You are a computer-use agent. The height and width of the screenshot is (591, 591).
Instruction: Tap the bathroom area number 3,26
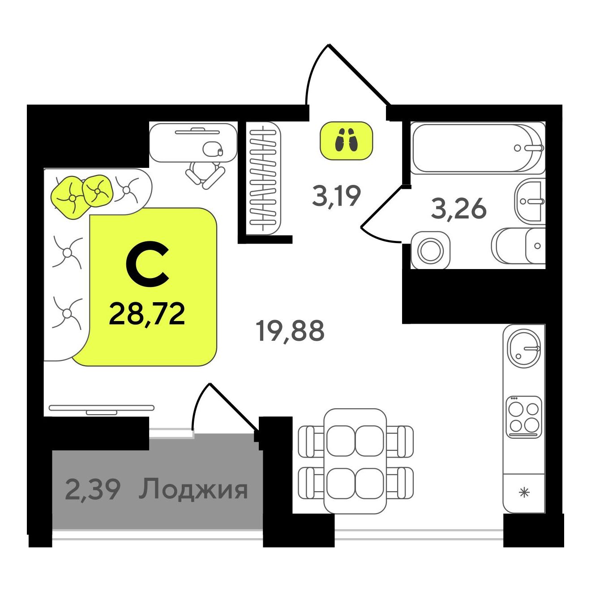(x=458, y=209)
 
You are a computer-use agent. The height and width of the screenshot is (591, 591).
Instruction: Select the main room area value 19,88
(x=290, y=331)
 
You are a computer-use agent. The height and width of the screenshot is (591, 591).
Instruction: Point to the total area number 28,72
(x=147, y=314)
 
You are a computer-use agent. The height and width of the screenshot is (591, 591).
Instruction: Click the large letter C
(x=147, y=264)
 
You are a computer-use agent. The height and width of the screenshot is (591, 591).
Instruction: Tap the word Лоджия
(x=193, y=489)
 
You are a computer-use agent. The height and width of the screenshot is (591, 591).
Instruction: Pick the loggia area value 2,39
(x=93, y=489)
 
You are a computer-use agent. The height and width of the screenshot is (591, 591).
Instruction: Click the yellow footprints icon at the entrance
(x=346, y=140)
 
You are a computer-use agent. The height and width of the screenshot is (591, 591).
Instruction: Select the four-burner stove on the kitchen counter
(x=523, y=417)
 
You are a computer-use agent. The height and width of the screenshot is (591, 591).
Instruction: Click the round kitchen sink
(x=524, y=348)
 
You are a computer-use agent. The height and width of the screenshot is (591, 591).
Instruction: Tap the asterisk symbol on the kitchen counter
(x=524, y=493)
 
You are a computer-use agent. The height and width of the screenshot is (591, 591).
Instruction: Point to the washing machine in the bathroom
(x=430, y=250)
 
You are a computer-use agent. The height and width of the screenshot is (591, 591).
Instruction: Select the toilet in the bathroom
(x=519, y=245)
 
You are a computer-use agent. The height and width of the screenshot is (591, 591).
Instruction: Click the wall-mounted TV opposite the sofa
(x=101, y=409)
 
